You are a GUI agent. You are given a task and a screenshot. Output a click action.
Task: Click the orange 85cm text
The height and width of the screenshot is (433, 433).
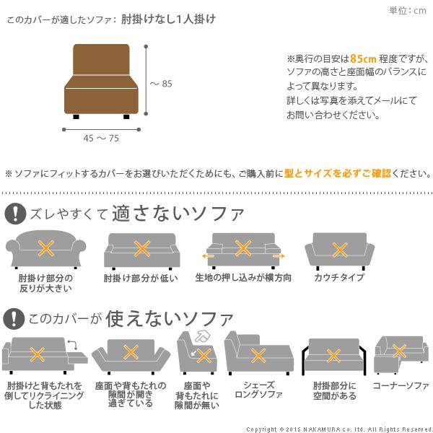[x=362, y=58]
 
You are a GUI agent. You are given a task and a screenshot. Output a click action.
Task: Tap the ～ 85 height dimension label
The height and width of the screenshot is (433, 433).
[x=161, y=84]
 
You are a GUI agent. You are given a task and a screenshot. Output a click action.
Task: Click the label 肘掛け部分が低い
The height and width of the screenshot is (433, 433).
[x=140, y=278]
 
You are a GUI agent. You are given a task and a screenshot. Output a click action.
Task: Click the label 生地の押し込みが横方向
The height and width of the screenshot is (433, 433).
[x=243, y=278]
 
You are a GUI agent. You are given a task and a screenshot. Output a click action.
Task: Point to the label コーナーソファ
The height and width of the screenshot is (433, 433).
[x=401, y=386]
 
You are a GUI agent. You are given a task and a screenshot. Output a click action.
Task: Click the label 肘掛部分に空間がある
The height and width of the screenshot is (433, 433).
[x=334, y=390]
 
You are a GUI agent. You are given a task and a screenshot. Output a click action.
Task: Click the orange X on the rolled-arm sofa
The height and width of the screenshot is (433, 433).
[x=45, y=250]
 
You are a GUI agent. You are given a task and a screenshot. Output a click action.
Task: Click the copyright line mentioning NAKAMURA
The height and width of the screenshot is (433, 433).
[x=338, y=428]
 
